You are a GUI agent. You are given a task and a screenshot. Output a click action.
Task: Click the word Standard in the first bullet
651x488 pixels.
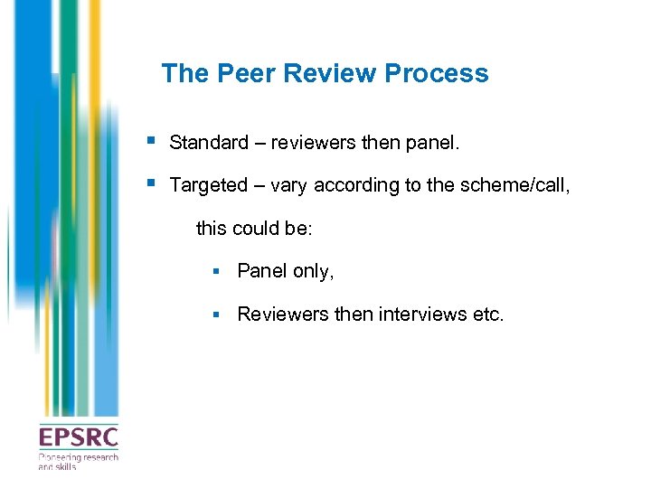[208, 143]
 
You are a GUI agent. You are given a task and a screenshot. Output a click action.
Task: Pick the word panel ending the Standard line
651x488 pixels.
[435, 143]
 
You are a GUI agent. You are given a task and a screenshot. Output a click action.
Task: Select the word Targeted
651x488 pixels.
[208, 185]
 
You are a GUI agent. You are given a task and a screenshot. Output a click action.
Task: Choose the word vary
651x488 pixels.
[289, 185]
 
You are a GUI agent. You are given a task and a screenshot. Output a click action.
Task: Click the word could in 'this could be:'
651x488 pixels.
[256, 229]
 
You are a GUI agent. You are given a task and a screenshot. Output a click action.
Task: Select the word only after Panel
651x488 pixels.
[312, 271]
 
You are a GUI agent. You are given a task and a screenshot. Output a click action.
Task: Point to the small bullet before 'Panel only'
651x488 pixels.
[217, 271]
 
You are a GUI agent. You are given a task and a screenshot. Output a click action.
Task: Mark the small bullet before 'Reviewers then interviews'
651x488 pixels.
[217, 314]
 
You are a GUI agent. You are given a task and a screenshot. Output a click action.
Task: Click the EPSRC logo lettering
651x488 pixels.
[78, 437]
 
